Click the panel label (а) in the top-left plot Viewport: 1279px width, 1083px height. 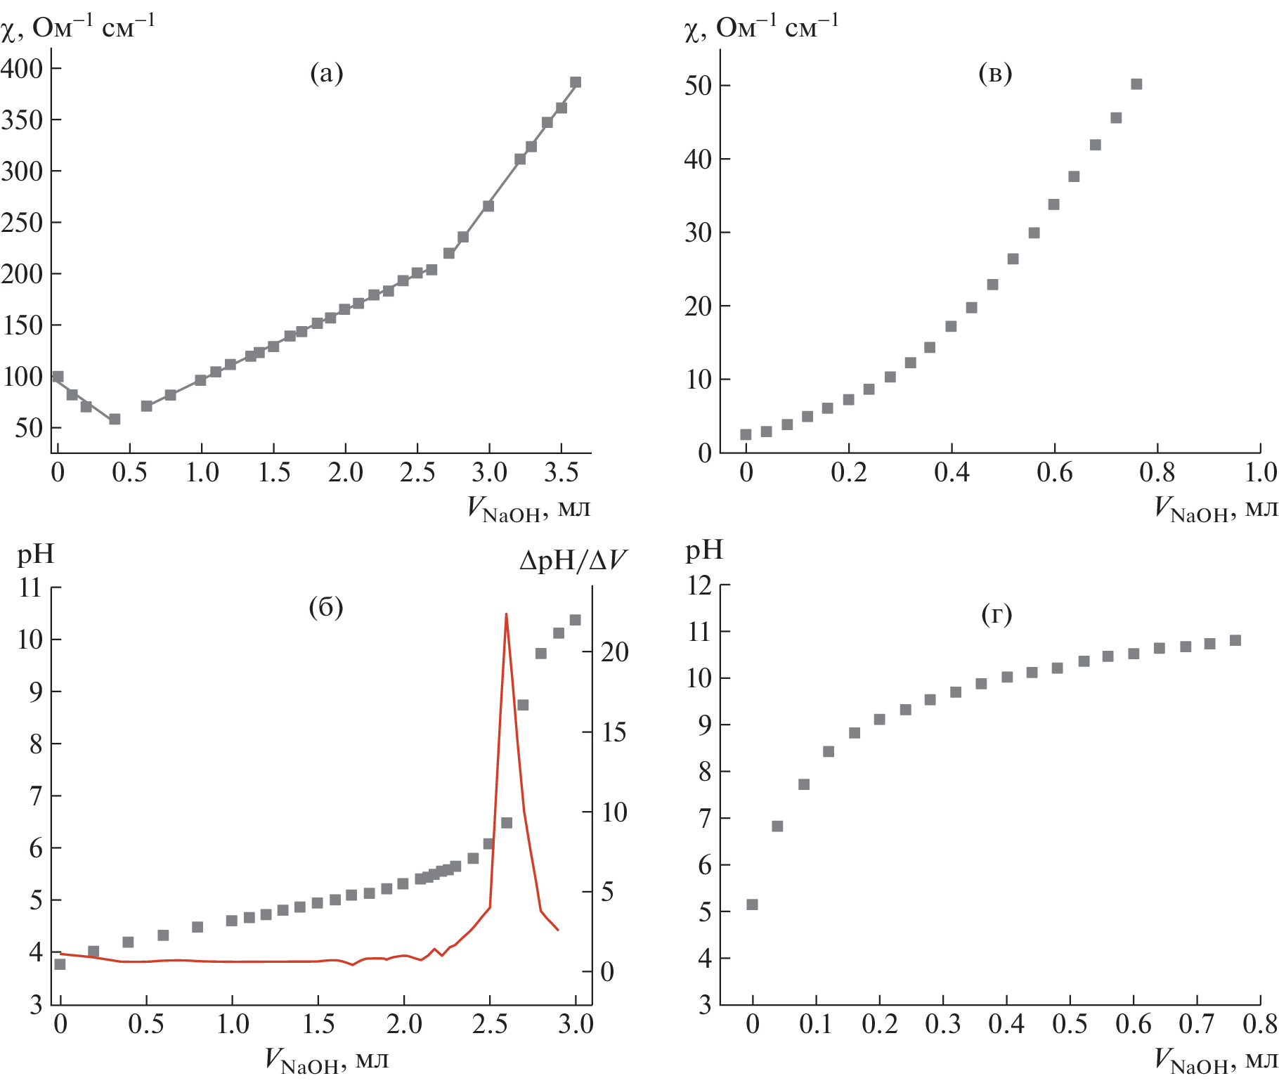[327, 73]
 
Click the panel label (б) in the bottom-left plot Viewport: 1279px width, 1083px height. [326, 607]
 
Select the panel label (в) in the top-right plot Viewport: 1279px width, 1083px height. [995, 73]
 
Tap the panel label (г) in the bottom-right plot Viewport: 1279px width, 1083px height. [996, 615]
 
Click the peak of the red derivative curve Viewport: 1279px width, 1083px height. [506, 614]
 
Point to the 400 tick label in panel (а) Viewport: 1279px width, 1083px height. [22, 68]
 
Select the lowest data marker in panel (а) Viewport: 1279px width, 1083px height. [115, 419]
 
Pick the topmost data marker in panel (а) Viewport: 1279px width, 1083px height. [576, 82]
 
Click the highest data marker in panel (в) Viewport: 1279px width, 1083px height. [1136, 84]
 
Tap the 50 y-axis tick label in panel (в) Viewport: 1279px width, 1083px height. [697, 86]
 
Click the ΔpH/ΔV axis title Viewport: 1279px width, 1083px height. [573, 560]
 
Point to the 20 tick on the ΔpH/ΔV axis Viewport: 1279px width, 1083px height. [614, 652]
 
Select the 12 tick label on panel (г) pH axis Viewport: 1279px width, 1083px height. [699, 585]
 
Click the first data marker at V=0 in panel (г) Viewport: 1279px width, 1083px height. [752, 904]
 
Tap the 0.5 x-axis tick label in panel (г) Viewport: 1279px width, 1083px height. [1070, 1024]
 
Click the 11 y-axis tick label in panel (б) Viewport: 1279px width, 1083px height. [30, 588]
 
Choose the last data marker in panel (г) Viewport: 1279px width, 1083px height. [1235, 640]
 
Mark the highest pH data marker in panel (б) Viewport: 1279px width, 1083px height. [575, 620]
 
